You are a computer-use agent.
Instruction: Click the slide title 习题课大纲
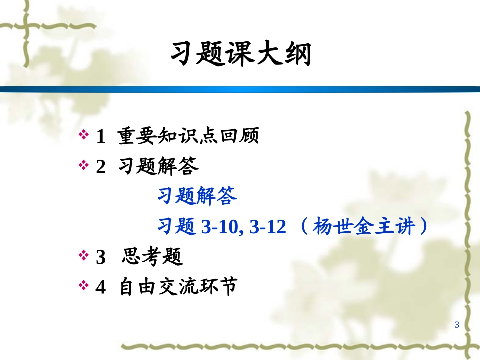tap(240, 55)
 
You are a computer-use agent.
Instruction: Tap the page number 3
tap(457, 325)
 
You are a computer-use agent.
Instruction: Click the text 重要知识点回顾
tap(188, 136)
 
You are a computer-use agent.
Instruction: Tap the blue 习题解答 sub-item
tap(197, 196)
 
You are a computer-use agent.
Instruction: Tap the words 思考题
tap(153, 257)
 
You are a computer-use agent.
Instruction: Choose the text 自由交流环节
tap(178, 287)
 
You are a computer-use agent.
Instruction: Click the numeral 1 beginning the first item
tap(100, 136)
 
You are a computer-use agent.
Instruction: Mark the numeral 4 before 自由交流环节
tap(101, 287)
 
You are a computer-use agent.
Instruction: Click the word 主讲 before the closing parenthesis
tap(393, 227)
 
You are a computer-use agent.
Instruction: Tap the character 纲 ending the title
tap(297, 55)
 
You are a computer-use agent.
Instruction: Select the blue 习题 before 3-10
tap(176, 227)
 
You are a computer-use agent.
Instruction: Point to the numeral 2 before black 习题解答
tap(101, 167)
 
